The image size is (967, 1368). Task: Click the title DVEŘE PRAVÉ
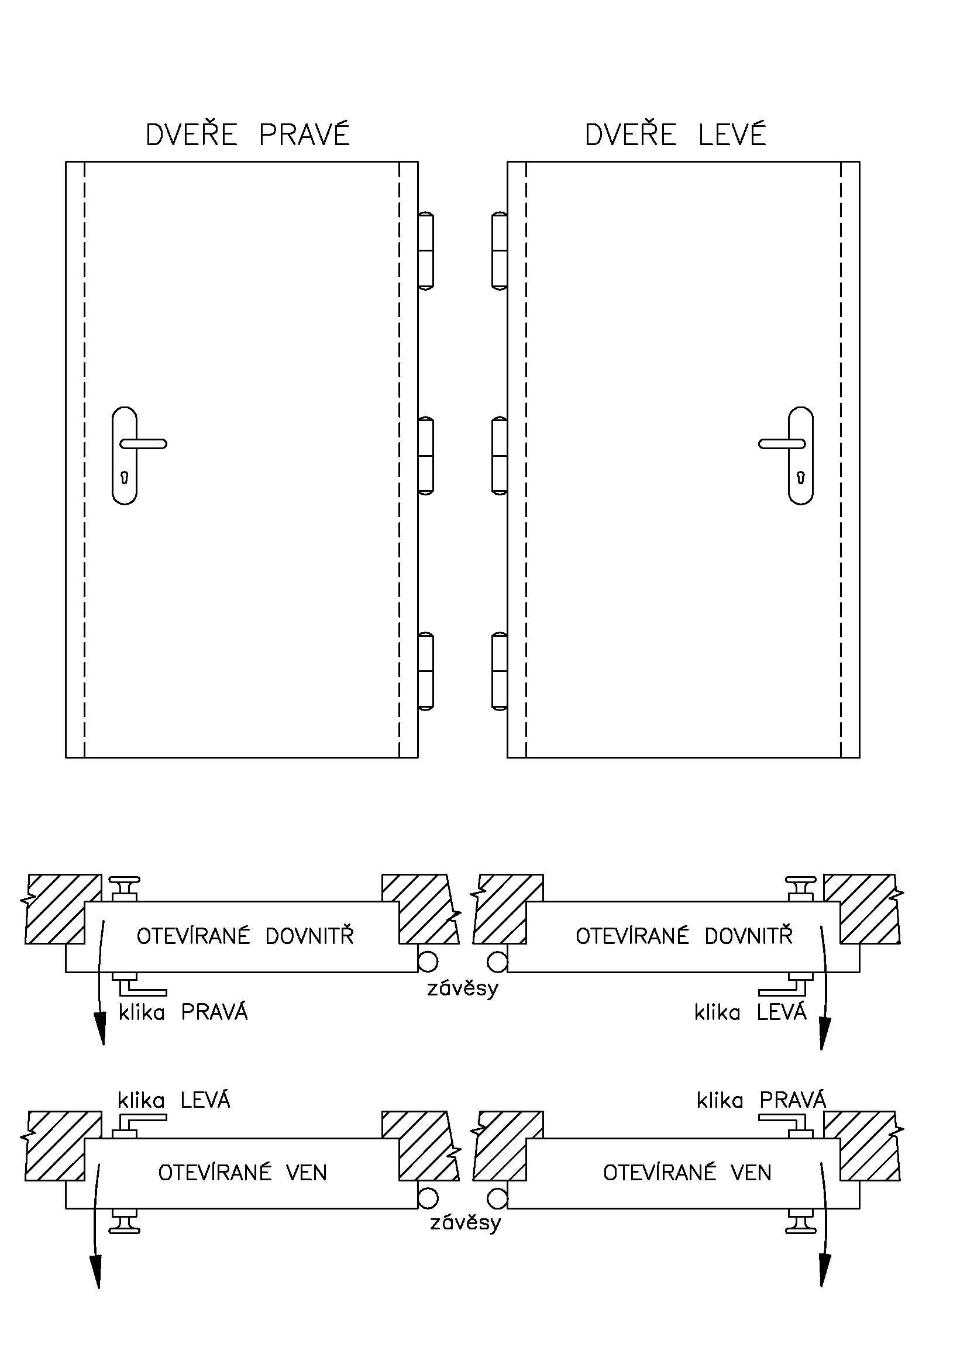247,135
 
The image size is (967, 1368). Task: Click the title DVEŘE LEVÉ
675,135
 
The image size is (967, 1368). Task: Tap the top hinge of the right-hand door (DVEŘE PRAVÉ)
425,251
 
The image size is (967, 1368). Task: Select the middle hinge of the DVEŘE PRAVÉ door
425,456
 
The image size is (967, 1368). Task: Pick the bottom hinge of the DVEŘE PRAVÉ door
425,671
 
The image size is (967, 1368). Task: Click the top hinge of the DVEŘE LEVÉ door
499,251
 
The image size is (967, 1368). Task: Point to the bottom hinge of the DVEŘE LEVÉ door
499,671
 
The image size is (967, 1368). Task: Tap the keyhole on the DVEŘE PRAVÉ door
125,477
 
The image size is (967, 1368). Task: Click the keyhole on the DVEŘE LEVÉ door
801,477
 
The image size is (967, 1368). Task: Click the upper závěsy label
463,989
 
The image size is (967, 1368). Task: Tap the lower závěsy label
465,1223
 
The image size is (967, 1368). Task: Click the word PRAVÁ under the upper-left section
215,1012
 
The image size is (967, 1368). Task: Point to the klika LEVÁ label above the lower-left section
173,1100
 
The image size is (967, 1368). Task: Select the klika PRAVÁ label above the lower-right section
762,1100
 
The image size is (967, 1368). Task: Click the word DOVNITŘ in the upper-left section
309,936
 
